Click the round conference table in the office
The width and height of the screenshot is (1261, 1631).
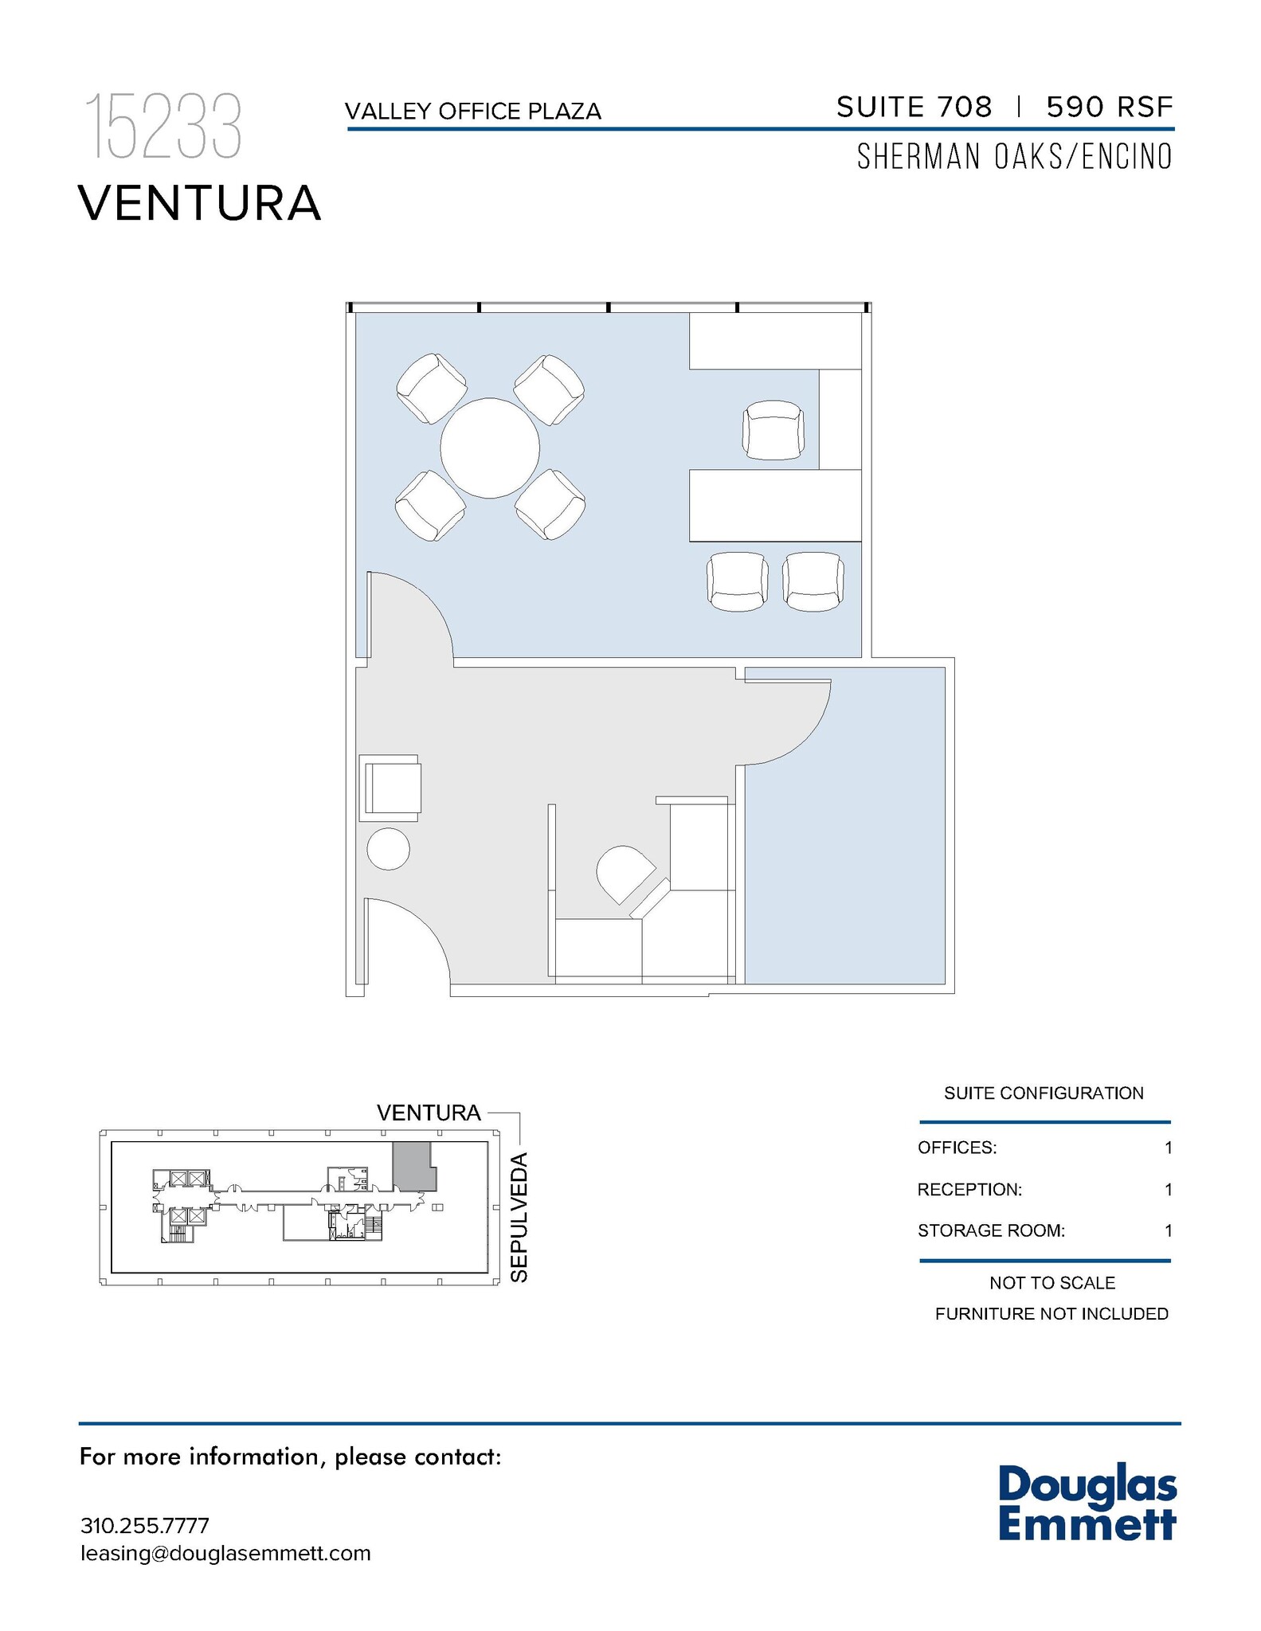point(490,448)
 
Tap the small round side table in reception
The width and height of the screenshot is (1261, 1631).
point(388,849)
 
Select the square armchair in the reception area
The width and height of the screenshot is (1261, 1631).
point(391,788)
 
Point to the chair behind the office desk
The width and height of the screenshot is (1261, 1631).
point(773,430)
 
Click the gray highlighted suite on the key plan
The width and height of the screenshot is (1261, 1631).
point(411,1166)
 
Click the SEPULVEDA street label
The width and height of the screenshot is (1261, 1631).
point(519,1216)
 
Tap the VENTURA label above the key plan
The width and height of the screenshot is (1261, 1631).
point(429,1113)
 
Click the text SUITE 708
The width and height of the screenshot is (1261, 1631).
point(914,107)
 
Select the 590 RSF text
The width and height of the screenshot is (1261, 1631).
point(1109,107)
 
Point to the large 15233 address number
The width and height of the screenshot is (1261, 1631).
point(163,127)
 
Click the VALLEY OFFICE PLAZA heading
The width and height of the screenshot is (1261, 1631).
point(472,111)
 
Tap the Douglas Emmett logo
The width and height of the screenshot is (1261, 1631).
point(1087,1502)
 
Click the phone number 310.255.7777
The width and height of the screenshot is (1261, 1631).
point(144,1526)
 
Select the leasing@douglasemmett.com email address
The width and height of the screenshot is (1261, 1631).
point(225,1554)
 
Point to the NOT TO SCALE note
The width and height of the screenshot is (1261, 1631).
point(1051,1283)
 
